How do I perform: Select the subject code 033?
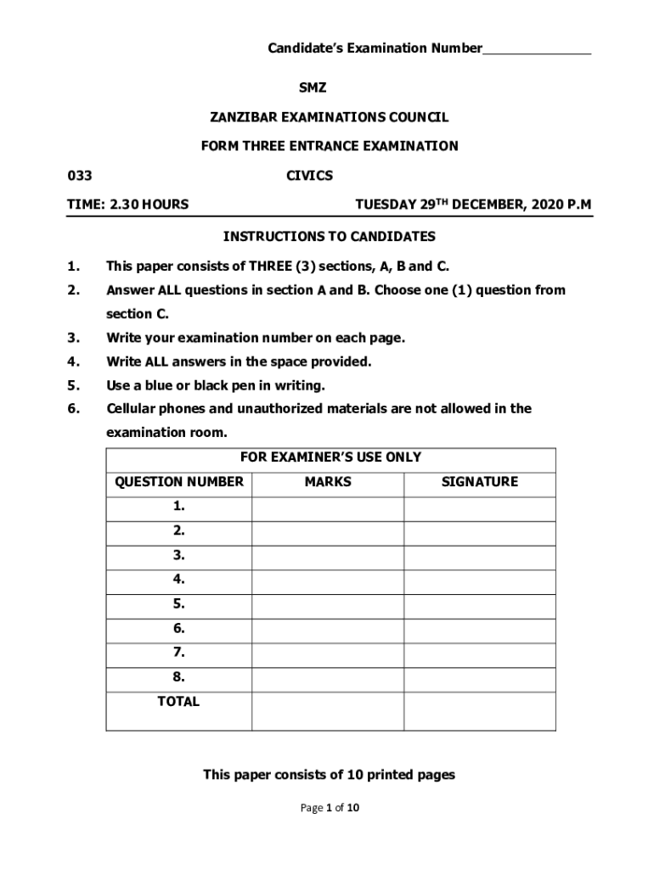click(x=80, y=176)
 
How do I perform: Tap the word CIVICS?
click(x=310, y=176)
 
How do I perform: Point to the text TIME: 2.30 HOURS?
click(x=128, y=205)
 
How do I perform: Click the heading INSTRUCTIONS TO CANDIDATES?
click(x=329, y=236)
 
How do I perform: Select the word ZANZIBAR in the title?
click(x=241, y=117)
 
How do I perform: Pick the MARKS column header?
click(x=327, y=482)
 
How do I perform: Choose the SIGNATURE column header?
click(x=479, y=482)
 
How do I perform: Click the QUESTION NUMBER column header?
click(x=179, y=482)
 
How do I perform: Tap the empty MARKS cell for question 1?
click(x=327, y=507)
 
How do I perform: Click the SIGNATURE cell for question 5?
click(x=479, y=605)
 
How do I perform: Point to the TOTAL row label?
click(x=178, y=702)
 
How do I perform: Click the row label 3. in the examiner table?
click(x=178, y=556)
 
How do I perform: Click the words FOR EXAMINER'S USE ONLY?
click(x=330, y=457)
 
